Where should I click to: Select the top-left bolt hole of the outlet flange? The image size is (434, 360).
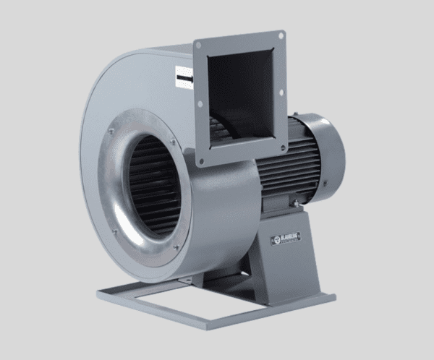pyautogui.click(x=197, y=46)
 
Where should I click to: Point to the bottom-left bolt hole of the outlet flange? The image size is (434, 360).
pyautogui.click(x=204, y=162)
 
